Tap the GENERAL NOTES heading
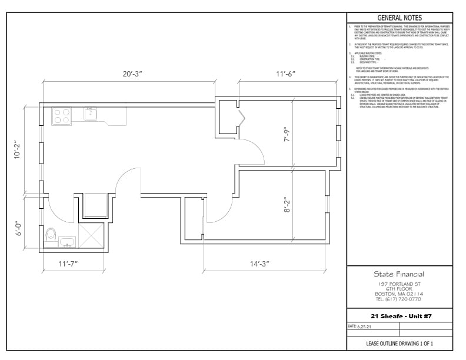pyautogui.click(x=399, y=18)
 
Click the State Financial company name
pyautogui.click(x=399, y=274)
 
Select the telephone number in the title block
pyautogui.click(x=399, y=299)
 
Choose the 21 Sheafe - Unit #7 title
pyautogui.click(x=399, y=316)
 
